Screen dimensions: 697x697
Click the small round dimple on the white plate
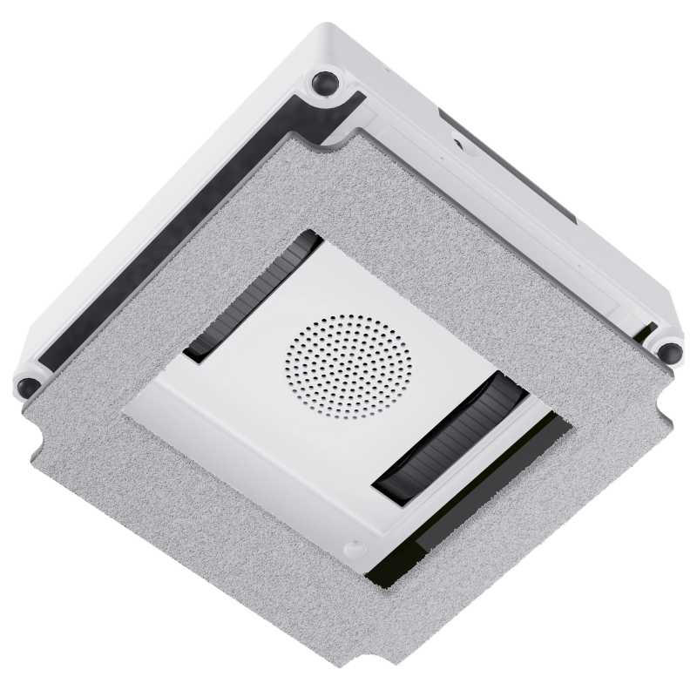coord(353,548)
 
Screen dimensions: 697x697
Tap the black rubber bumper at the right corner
coord(668,352)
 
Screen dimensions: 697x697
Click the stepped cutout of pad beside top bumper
coord(344,131)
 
